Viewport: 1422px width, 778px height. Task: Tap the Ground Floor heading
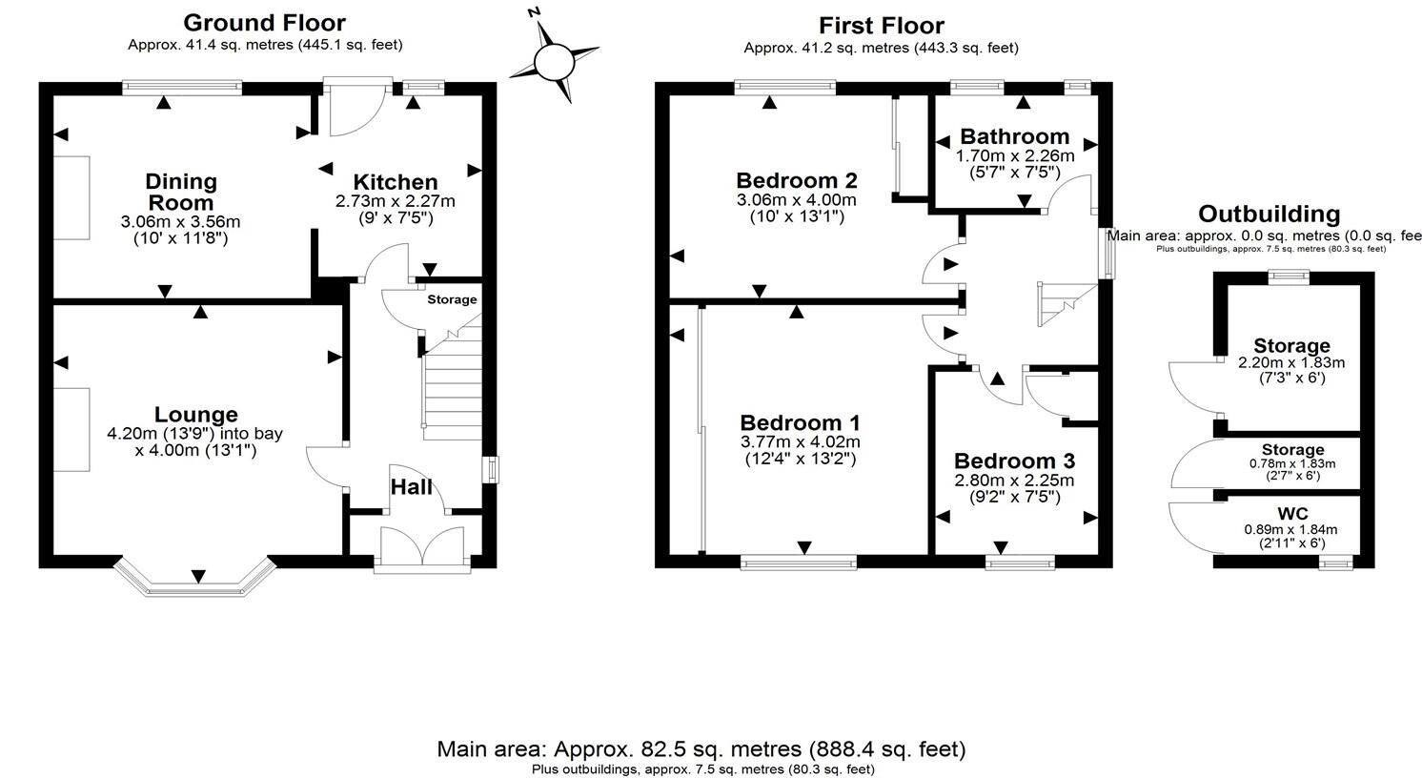[x=264, y=22]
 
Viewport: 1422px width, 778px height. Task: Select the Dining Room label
[x=181, y=192]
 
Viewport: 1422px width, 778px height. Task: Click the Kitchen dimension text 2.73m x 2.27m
[x=395, y=201]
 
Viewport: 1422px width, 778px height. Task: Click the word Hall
[x=412, y=487]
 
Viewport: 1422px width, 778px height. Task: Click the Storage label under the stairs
[x=451, y=299]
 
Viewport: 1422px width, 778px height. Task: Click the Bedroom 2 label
[x=797, y=180]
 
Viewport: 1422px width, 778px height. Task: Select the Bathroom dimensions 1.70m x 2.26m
[x=1015, y=155]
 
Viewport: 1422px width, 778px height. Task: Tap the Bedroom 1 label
[x=801, y=422]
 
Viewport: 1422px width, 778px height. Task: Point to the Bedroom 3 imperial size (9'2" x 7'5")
[x=1015, y=497]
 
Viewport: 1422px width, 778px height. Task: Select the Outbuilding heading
[x=1269, y=214]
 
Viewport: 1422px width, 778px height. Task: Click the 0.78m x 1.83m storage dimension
[x=1291, y=463]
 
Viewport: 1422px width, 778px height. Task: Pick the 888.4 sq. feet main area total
[x=886, y=749]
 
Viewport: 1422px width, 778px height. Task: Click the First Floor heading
[x=882, y=26]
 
